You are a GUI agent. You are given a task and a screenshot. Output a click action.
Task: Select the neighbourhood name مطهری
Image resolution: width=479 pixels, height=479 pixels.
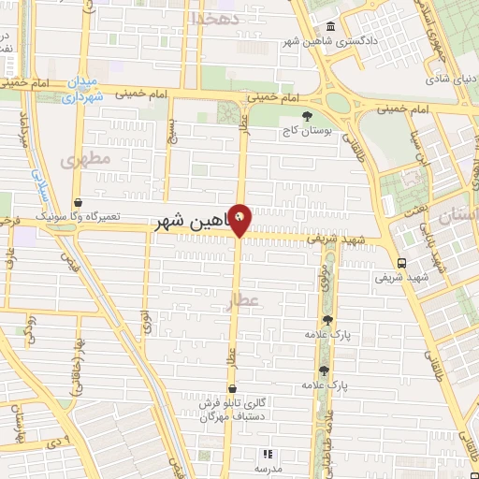tap(86, 160)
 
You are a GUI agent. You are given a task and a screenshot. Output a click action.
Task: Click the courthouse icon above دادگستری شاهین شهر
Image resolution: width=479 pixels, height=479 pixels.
tap(329, 26)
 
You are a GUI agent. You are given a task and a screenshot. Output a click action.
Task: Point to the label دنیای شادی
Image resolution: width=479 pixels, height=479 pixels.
tap(447, 79)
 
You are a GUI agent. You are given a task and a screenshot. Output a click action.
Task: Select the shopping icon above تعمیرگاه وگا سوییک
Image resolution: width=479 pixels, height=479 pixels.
tap(78, 202)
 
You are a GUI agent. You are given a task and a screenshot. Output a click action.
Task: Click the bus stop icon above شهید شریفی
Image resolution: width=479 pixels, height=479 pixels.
tap(401, 263)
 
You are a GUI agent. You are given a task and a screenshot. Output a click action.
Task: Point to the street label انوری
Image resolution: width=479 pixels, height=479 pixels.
tap(146, 320)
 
